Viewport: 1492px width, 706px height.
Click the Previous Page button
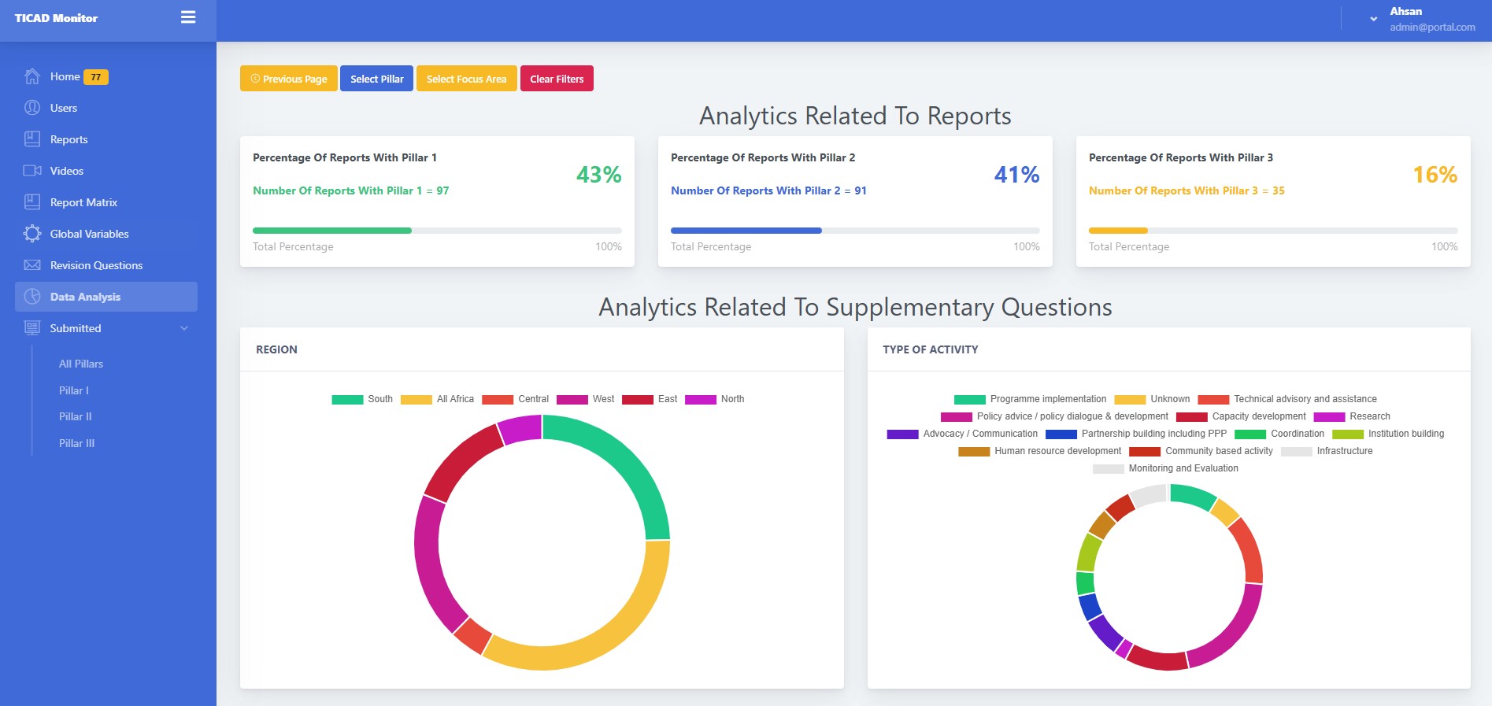[x=288, y=79]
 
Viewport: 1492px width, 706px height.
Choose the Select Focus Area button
[x=466, y=79]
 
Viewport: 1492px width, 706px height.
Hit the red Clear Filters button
[x=557, y=79]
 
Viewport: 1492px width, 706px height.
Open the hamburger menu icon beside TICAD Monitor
[x=188, y=17]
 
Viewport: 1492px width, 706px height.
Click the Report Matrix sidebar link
[x=83, y=202]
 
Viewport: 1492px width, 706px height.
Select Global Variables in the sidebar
[x=89, y=234]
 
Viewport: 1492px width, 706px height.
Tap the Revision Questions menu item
[x=96, y=265]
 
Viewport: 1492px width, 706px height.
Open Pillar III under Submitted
[x=76, y=443]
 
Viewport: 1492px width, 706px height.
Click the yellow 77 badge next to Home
[x=95, y=77]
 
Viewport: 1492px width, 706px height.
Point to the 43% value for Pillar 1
[x=598, y=174]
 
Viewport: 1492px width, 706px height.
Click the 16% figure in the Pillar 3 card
[x=1435, y=174]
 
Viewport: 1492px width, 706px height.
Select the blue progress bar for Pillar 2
[x=746, y=231]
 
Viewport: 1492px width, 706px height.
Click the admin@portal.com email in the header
[x=1432, y=27]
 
